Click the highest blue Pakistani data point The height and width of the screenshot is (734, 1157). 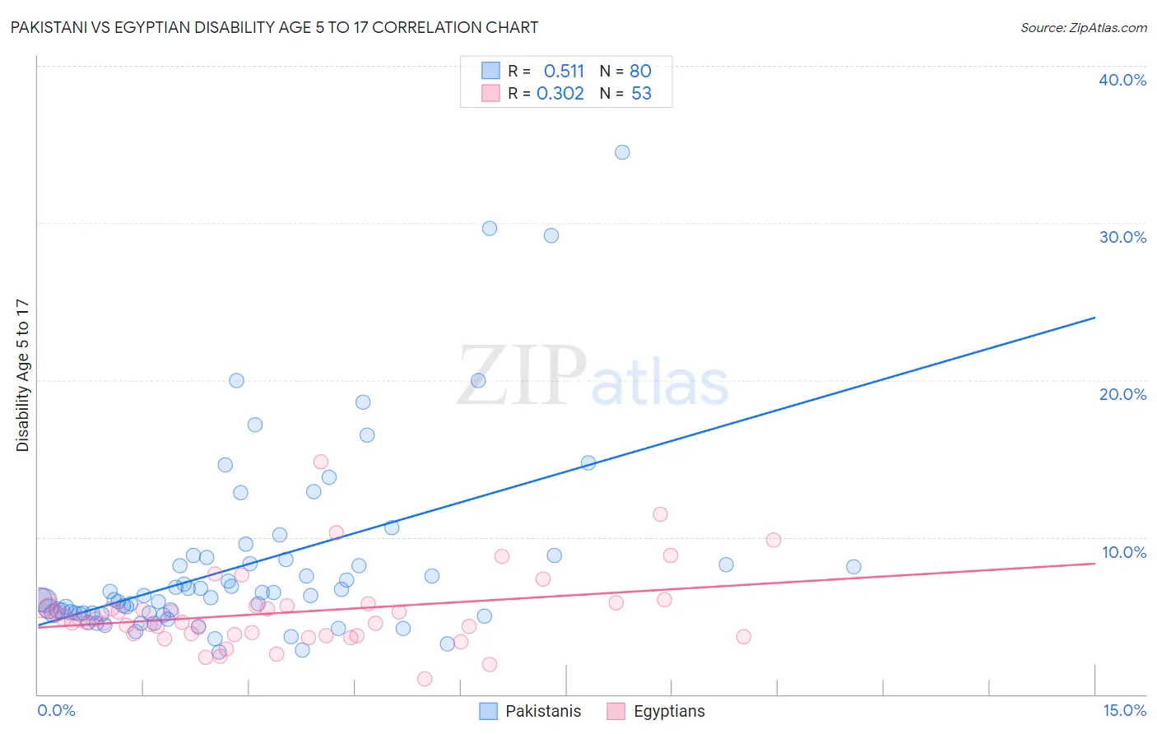click(622, 152)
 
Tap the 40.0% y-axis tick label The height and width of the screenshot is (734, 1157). click(1122, 80)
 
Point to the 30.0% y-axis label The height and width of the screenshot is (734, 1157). click(1122, 237)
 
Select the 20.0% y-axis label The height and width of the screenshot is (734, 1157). click(1122, 394)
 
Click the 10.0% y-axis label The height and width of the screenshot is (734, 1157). click(1122, 552)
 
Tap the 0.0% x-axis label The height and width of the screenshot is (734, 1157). click(56, 710)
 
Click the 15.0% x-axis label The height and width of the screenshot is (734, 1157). click(1124, 710)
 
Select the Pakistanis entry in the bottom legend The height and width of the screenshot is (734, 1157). click(542, 711)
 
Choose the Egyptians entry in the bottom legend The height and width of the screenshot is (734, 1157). click(668, 711)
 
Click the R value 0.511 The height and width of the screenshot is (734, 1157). click(564, 71)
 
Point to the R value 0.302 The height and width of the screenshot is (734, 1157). click(560, 93)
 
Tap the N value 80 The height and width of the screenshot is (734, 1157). click(640, 71)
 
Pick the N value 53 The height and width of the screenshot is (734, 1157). click(641, 93)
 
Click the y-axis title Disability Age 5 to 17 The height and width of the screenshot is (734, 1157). click(23, 374)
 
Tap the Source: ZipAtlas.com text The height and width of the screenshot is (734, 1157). click(1083, 27)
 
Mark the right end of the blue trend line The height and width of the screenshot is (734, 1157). click(1094, 318)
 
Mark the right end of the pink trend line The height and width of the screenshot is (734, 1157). click(1094, 563)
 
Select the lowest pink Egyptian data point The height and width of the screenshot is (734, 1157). click(425, 679)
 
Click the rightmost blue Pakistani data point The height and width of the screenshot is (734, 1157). click(853, 566)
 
